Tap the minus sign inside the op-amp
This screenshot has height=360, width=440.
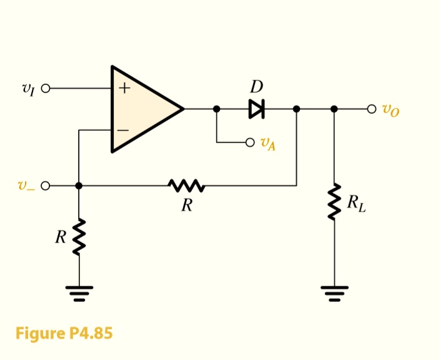point(123,130)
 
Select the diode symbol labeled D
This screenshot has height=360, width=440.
point(256,109)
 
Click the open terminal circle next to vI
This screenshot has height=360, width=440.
point(45,89)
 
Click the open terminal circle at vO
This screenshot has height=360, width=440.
point(372,109)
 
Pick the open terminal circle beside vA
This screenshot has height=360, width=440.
point(250,142)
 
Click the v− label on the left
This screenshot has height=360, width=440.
point(26,186)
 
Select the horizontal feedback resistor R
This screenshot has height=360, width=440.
point(186,186)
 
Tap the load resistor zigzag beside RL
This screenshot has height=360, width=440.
point(334,201)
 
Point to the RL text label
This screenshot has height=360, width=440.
point(356,202)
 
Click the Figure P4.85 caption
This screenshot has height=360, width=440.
point(64,333)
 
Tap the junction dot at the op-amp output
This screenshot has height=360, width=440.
point(217,109)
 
